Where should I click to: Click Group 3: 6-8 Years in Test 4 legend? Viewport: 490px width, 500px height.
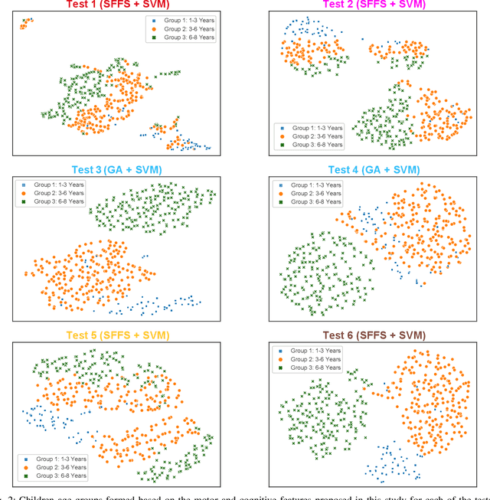pyautogui.click(x=313, y=203)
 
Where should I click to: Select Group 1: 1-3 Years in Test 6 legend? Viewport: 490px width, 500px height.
pyautogui.click(x=313, y=350)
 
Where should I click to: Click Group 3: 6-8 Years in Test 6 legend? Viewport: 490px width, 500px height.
pyautogui.click(x=313, y=368)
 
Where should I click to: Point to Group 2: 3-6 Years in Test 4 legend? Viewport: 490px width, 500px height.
pyautogui.click(x=313, y=194)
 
